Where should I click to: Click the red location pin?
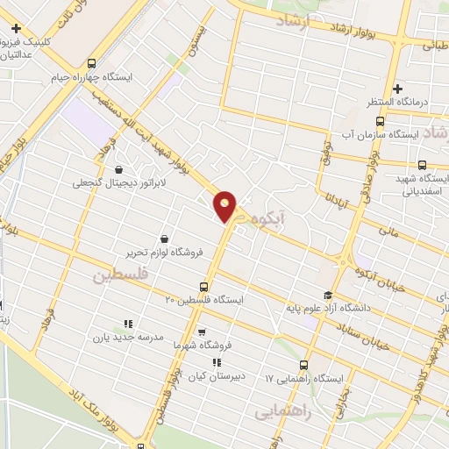pyautogui.click(x=226, y=205)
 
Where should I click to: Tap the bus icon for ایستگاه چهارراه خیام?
pyautogui.click(x=93, y=62)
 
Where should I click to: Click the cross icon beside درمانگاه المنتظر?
pyautogui.click(x=397, y=89)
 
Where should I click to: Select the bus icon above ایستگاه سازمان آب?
pyautogui.click(x=379, y=121)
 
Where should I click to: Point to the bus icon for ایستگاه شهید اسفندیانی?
pyautogui.click(x=422, y=165)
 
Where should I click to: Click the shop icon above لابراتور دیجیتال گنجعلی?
pyautogui.click(x=119, y=169)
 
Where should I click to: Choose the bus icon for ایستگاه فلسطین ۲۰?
pyautogui.click(x=204, y=287)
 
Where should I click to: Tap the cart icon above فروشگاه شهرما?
pyautogui.click(x=202, y=331)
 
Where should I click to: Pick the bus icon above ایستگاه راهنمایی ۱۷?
pyautogui.click(x=304, y=365)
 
